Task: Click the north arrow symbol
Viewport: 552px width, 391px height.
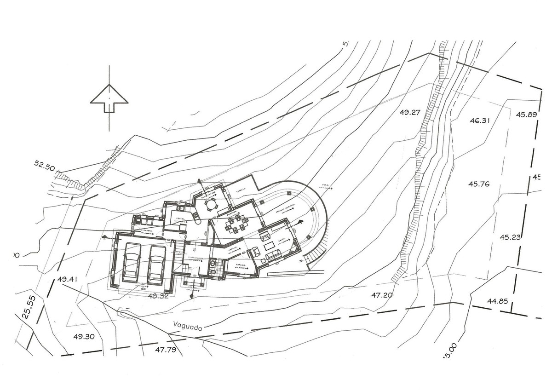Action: pos(109,98)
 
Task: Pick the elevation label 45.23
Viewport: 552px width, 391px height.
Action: pos(510,237)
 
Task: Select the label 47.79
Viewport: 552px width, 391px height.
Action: pos(166,350)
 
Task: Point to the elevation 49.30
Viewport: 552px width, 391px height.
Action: pos(84,336)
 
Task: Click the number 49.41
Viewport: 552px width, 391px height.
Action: pos(69,279)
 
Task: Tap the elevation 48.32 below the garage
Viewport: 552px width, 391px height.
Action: pos(159,296)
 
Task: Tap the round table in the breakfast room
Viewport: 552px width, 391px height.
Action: pos(211,205)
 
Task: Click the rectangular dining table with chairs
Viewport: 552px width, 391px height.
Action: pos(236,224)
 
